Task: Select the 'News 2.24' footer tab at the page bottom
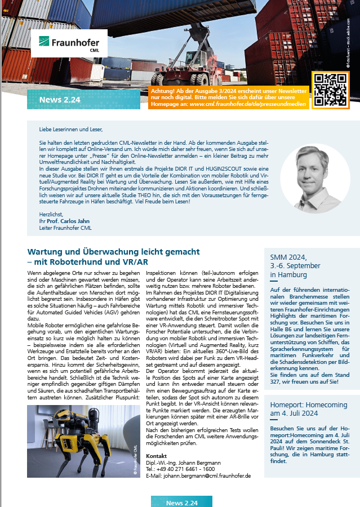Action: click(182, 502)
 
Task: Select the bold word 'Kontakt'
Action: click(156, 456)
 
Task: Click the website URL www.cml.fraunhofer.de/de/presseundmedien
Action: click(248, 104)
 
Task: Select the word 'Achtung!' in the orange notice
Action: click(165, 91)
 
